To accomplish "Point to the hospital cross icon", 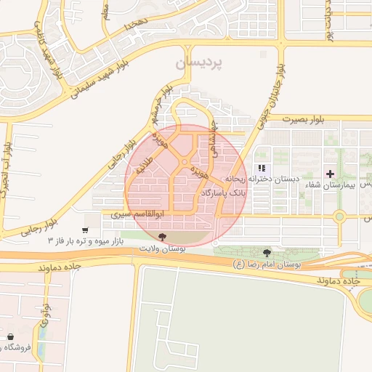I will pyautogui.click(x=331, y=174).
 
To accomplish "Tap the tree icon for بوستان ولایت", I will pyautogui.click(x=162, y=238).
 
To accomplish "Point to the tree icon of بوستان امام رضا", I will pyautogui.click(x=267, y=252).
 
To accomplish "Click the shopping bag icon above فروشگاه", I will pyautogui.click(x=10, y=337).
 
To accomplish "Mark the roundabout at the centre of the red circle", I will pyautogui.click(x=185, y=162).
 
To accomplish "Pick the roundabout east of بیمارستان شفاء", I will pyautogui.click(x=339, y=216).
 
